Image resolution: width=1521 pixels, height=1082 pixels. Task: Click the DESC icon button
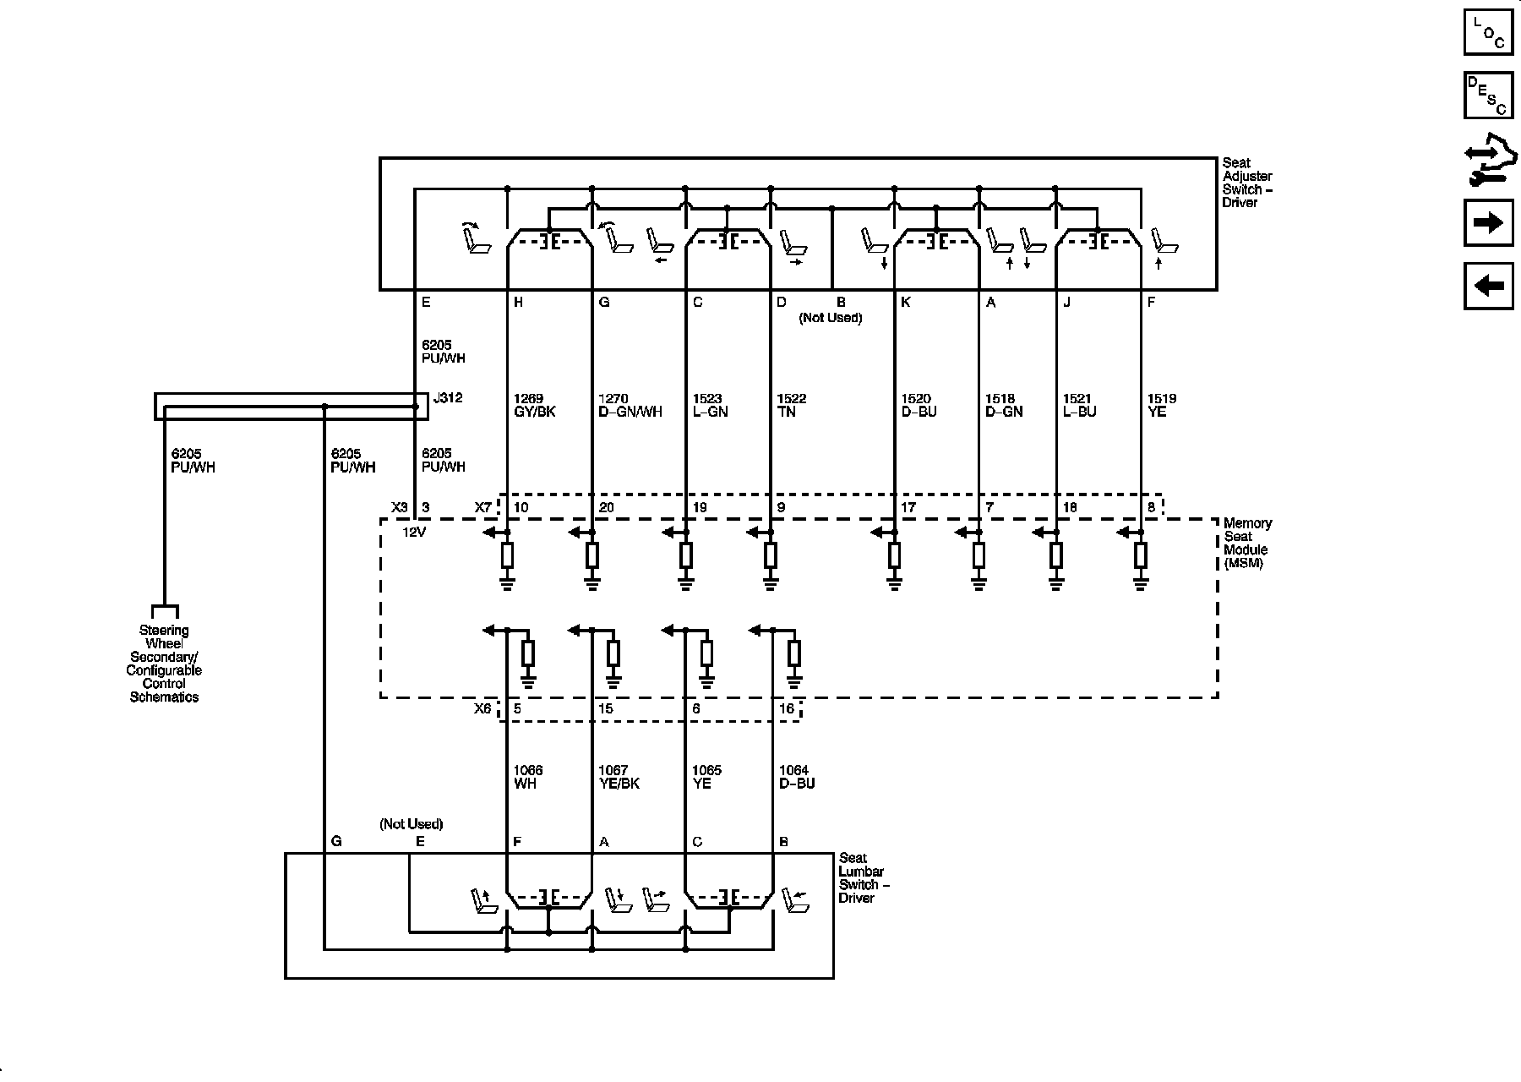point(1488,96)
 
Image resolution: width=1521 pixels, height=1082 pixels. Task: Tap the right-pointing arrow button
point(1488,222)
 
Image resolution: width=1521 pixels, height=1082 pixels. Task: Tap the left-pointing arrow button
point(1488,286)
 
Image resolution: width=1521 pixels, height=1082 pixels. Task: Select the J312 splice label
point(448,398)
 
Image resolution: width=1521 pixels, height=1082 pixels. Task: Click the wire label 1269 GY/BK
point(534,405)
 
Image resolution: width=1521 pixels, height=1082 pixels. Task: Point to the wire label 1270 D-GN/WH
point(630,405)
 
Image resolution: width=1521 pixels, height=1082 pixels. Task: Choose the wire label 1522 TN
point(791,405)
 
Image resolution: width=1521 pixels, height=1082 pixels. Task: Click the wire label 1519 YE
point(1161,405)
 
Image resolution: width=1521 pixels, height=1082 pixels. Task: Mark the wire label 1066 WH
point(528,777)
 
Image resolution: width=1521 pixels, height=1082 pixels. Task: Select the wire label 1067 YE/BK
point(619,777)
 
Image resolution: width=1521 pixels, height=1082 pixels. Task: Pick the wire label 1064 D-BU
point(797,777)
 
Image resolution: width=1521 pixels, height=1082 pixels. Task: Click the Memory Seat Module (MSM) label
point(1247,543)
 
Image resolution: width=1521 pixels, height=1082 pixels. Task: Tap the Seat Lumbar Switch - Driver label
point(864,877)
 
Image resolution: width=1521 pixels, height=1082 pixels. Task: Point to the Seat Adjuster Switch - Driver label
point(1247,183)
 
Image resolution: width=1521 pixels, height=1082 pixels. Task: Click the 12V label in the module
point(414,533)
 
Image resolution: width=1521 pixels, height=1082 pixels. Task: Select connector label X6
point(482,708)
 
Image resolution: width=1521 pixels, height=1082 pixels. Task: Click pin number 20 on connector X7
point(606,508)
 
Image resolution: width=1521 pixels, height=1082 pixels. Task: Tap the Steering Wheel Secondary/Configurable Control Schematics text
point(164,664)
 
